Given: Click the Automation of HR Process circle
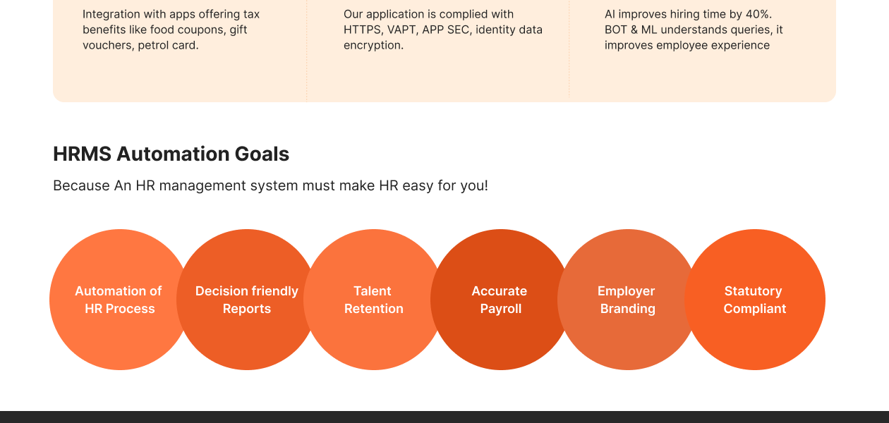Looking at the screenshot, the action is [120, 300].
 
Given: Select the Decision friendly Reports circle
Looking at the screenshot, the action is [247, 300].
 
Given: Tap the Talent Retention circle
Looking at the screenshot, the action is [374, 300].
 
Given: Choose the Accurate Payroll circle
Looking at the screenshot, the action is [501, 300].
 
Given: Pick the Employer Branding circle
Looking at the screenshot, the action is [628, 300].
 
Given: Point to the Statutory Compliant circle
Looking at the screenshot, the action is [755, 300].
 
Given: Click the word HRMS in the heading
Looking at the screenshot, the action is [82, 154].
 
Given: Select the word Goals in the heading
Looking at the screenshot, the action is [262, 154].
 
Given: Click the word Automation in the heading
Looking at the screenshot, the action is [173, 154].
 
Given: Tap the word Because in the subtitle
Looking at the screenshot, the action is [81, 185].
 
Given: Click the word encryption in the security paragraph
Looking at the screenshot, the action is [373, 46].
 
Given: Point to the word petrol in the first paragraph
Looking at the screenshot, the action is [152, 46].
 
